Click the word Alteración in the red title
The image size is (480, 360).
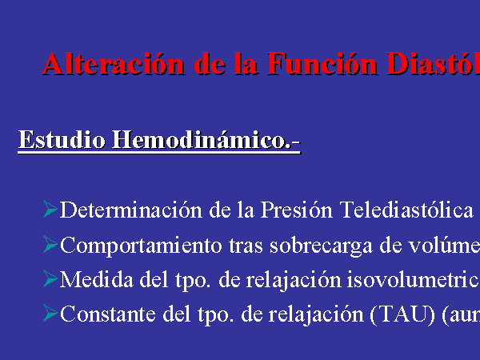(114, 64)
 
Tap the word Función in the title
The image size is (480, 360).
(322, 64)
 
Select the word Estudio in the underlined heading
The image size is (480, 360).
(62, 139)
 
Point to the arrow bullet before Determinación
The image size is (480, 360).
(50, 209)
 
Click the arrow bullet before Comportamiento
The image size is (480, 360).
(50, 244)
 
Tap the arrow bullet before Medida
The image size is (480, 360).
(50, 278)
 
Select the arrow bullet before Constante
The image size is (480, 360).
(50, 313)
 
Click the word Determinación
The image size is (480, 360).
(131, 210)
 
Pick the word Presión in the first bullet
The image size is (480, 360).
(296, 210)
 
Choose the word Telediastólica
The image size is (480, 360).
(406, 210)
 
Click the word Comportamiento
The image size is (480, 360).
(141, 246)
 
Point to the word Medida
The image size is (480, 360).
(97, 279)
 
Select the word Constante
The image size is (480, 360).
(108, 314)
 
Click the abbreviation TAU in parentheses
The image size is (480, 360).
(402, 314)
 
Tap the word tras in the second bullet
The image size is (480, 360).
(246, 246)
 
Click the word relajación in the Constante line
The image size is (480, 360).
(316, 315)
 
